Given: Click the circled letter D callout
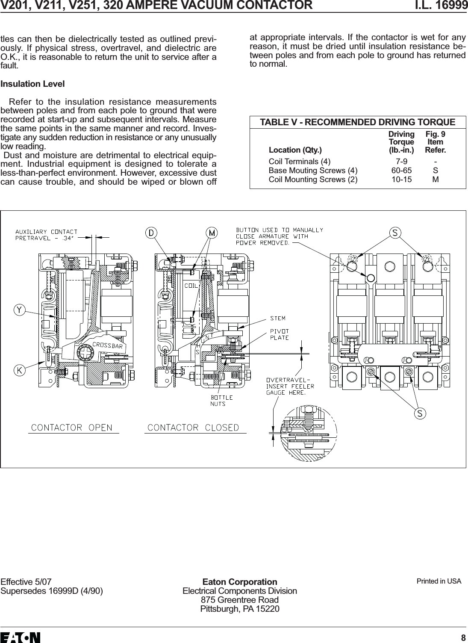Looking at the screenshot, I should point(151,233).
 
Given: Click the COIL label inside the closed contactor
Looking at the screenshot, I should point(192,285).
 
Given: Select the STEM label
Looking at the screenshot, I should point(277,319).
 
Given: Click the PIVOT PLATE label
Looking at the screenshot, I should point(279,334).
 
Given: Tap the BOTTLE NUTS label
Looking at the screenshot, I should point(221,400).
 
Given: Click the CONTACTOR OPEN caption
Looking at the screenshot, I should point(71,428).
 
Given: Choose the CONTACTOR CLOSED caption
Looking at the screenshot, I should point(193,428).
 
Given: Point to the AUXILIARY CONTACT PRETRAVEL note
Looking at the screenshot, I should point(47,235).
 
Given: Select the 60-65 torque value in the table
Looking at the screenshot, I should point(402,171).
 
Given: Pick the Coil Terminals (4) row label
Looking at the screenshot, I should point(299,162).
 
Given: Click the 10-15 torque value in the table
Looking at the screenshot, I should point(402,180).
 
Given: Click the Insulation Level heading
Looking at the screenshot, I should point(32,84).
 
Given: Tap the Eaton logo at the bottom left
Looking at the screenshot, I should point(21,637).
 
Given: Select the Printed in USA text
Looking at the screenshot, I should point(439,581).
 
